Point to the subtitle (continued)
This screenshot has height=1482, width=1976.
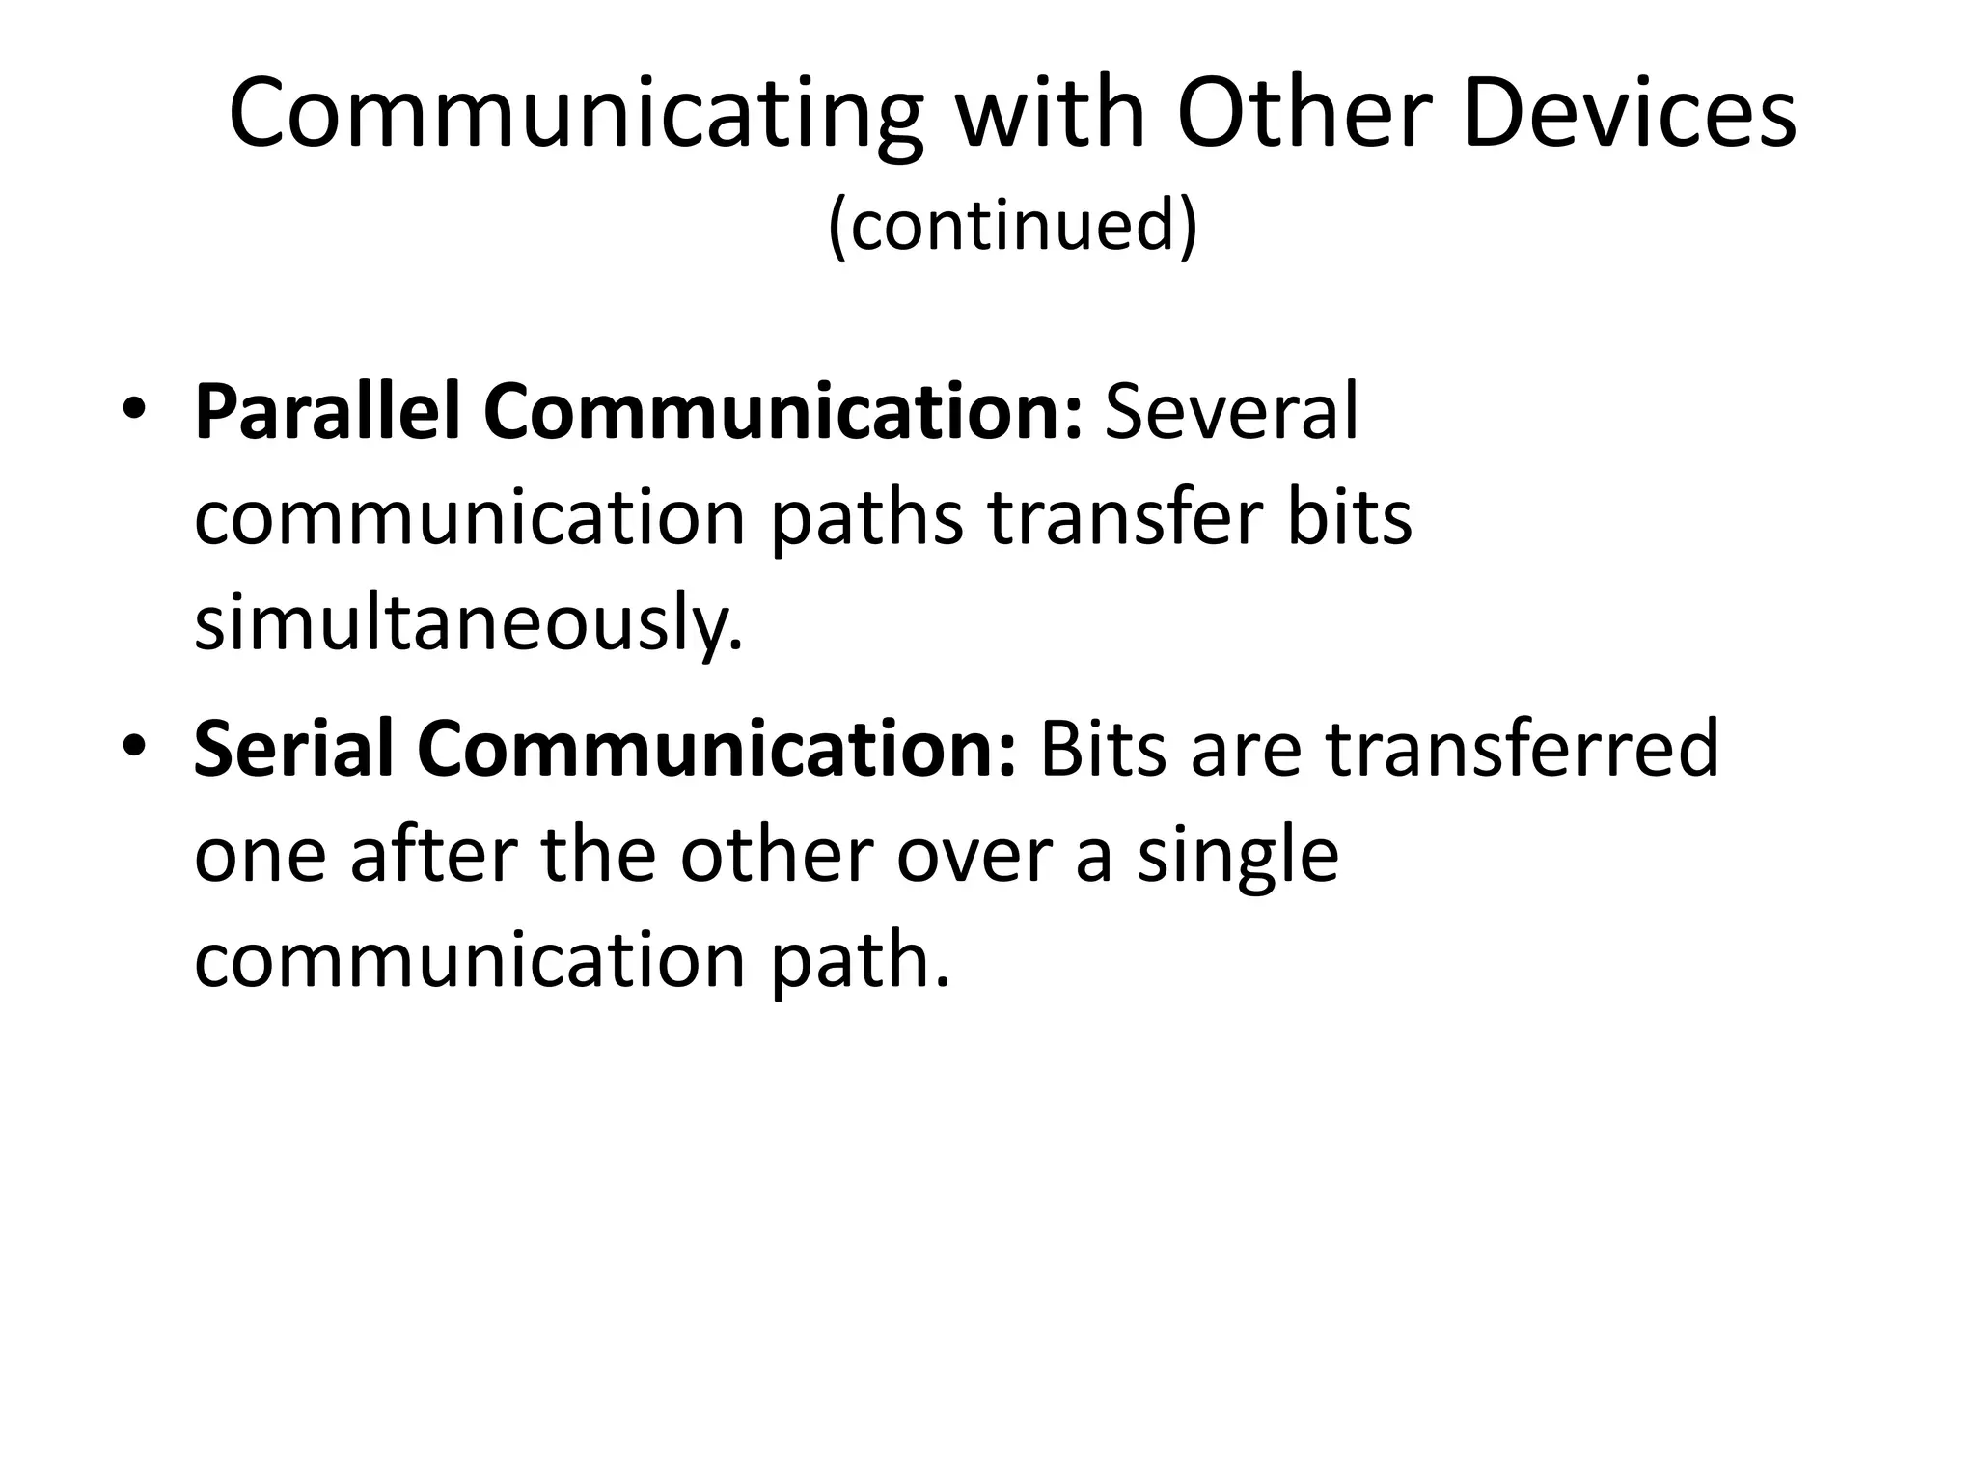coord(1012,224)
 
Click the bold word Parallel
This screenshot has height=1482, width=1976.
coord(327,412)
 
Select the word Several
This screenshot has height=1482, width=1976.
coord(1231,412)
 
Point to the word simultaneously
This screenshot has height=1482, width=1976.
coord(469,624)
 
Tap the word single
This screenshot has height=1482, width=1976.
coord(1238,856)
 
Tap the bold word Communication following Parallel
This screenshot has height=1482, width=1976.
coord(782,412)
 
